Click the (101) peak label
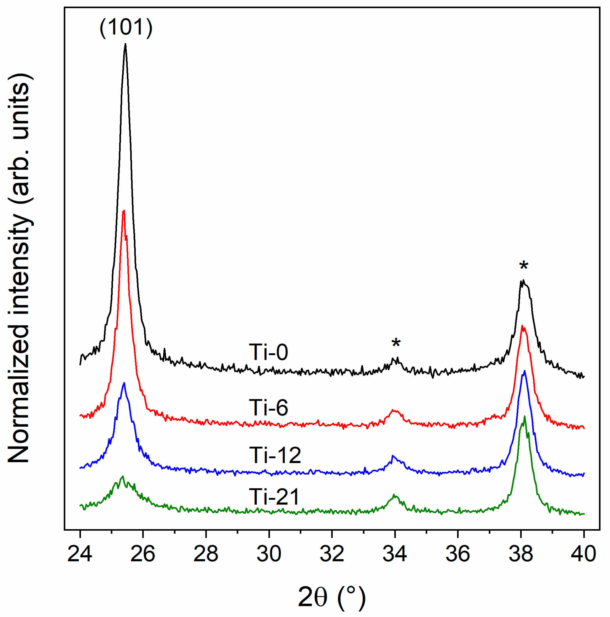click(126, 28)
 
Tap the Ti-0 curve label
click(268, 352)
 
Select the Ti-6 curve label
click(268, 407)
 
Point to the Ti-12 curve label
click(275, 455)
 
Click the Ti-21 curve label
click(274, 497)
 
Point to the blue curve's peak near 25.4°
click(124, 383)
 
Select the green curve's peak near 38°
click(524, 416)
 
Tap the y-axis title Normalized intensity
click(20, 268)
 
